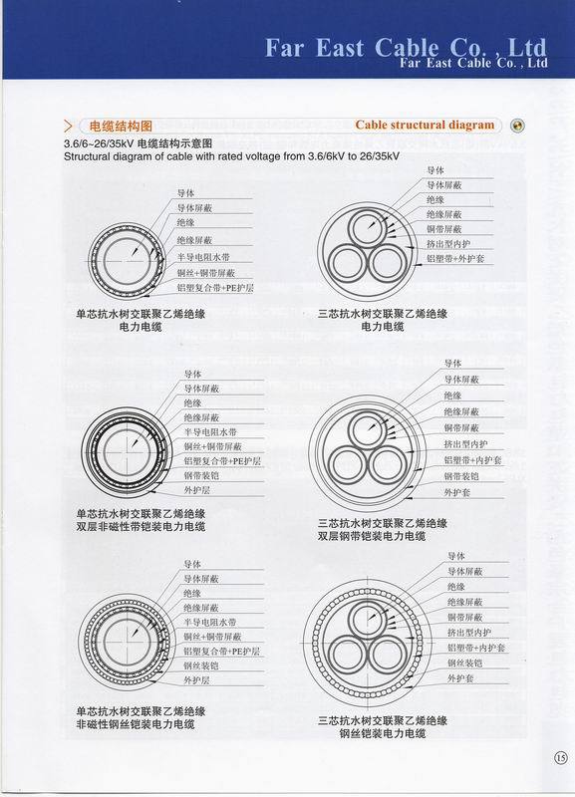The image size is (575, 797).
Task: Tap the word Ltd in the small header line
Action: [536, 62]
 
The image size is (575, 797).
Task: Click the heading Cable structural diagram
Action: [425, 126]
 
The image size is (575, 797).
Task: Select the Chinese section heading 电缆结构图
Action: [121, 127]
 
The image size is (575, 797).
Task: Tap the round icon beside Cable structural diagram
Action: [517, 126]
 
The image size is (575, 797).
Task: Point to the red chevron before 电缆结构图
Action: [68, 127]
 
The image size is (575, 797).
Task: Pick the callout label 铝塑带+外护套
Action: [455, 258]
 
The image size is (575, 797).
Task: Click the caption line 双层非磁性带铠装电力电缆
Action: [141, 526]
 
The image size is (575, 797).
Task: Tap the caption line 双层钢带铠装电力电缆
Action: [372, 536]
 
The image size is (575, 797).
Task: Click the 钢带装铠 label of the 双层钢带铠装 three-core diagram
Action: [463, 476]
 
